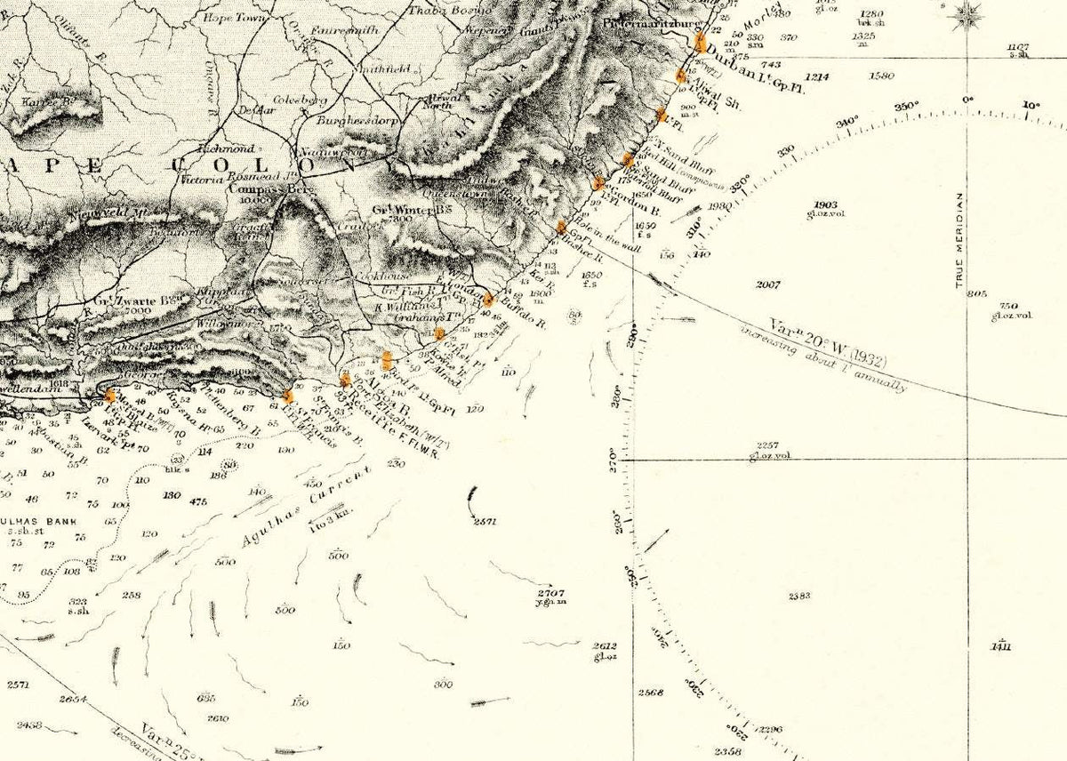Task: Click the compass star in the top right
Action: pyautogui.click(x=968, y=15)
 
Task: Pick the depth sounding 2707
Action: pyautogui.click(x=551, y=592)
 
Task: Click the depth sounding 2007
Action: pyautogui.click(x=767, y=284)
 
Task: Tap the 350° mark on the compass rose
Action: pyautogui.click(x=906, y=107)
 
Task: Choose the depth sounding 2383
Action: pyautogui.click(x=799, y=596)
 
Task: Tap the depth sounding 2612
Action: pyautogui.click(x=606, y=646)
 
